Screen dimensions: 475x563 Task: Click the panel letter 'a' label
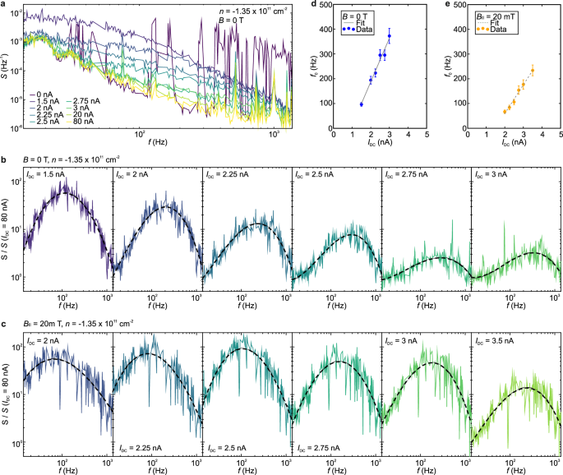pos(3,5)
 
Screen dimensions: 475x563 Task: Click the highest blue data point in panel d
pos(390,36)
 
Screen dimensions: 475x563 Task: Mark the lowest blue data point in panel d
pos(362,104)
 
